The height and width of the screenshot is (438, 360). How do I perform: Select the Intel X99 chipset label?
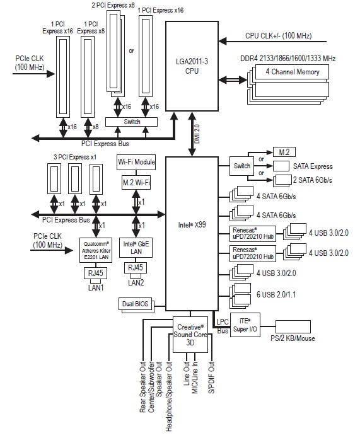[192, 224]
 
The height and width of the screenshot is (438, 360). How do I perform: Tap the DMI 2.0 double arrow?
[192, 134]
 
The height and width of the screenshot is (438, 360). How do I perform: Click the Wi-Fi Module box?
[136, 163]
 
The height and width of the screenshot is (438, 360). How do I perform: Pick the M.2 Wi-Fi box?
[136, 182]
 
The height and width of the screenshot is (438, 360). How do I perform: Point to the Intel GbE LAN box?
[136, 248]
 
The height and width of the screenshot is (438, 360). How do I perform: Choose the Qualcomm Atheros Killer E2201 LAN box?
[96, 250]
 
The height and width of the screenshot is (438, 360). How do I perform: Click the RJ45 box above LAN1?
[96, 273]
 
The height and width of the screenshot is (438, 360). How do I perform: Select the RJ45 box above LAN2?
[136, 268]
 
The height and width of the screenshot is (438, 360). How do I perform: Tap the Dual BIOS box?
[136, 304]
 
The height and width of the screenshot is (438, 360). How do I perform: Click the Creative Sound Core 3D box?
[190, 335]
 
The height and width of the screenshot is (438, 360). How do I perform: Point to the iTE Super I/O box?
[245, 325]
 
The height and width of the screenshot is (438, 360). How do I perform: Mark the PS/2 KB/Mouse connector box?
[293, 326]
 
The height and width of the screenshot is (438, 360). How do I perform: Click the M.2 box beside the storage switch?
[284, 152]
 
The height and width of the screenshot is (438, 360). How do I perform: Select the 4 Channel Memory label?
[293, 72]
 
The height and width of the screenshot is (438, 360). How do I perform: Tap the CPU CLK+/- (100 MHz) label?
[279, 36]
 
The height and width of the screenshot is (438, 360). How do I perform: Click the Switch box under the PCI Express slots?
[131, 122]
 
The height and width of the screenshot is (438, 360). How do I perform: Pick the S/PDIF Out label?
[212, 377]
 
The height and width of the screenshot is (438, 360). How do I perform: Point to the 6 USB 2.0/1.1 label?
[276, 294]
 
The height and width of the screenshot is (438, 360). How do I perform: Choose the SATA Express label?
[313, 166]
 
